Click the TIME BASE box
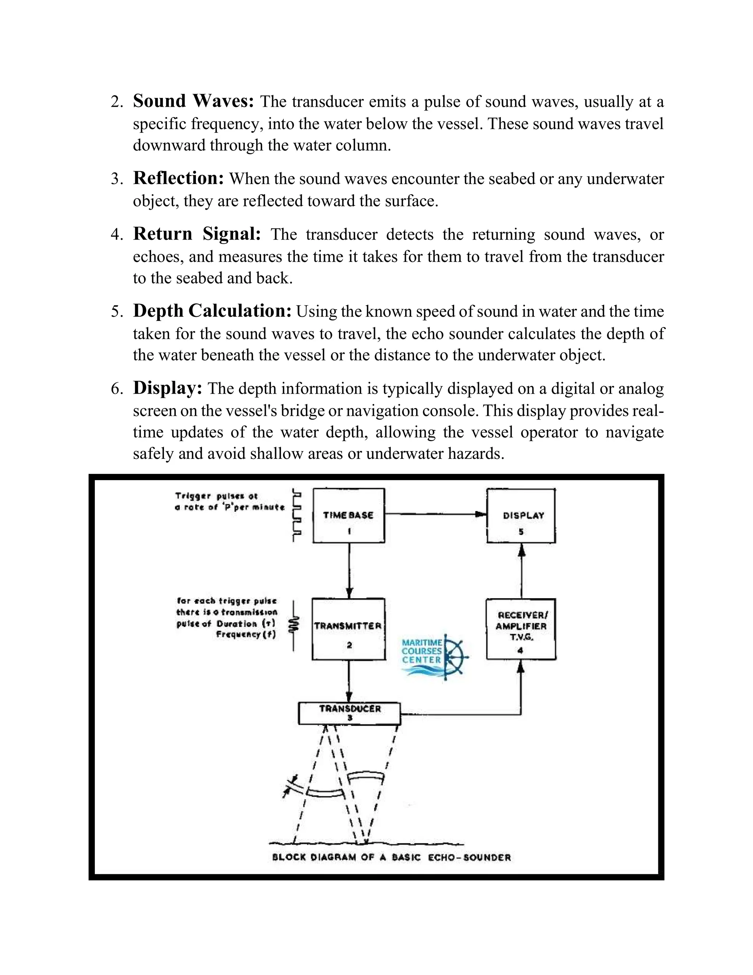pyautogui.click(x=349, y=515)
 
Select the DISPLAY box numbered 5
pyautogui.click(x=521, y=515)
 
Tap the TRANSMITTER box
pyautogui.click(x=349, y=629)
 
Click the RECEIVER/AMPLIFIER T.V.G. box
pyautogui.click(x=521, y=629)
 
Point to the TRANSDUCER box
pyautogui.click(x=349, y=713)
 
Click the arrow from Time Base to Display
pyautogui.click(x=435, y=514)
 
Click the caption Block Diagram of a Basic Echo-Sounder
pyautogui.click(x=391, y=857)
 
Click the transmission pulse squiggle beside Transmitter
pyautogui.click(x=293, y=625)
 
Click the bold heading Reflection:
pyautogui.click(x=178, y=178)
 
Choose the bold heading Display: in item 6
pyautogui.click(x=168, y=387)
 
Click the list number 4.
pyautogui.click(x=115, y=235)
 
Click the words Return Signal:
pyautogui.click(x=197, y=234)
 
